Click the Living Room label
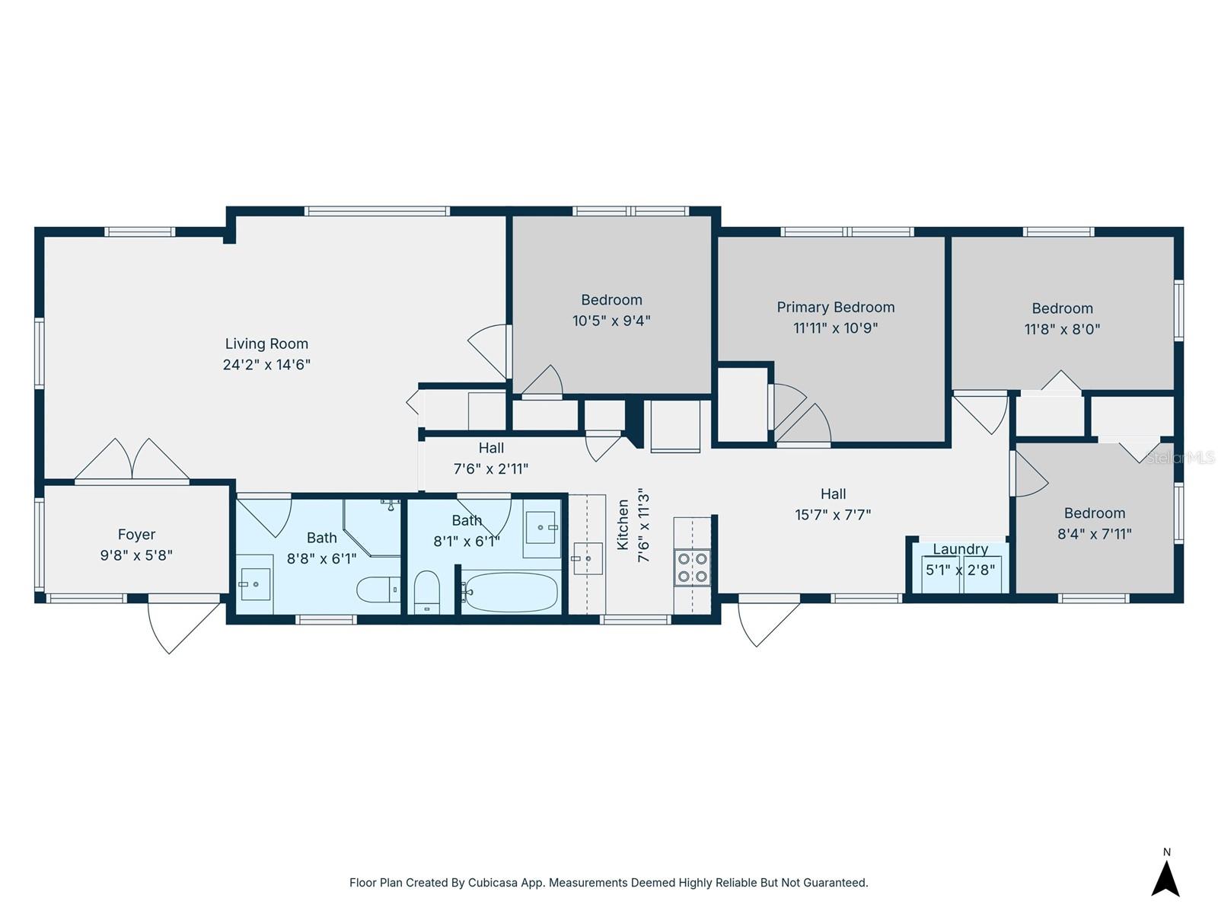click(x=266, y=344)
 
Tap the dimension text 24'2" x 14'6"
click(x=266, y=364)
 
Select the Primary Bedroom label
click(x=835, y=307)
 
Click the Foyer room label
click(x=136, y=535)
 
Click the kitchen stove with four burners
click(x=692, y=567)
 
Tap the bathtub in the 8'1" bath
click(x=510, y=592)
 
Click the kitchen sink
click(x=587, y=558)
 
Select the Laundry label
click(x=960, y=549)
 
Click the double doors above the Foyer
click(x=132, y=461)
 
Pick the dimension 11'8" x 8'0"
click(x=1062, y=329)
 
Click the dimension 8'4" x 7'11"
click(x=1094, y=534)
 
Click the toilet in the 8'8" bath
click(x=378, y=589)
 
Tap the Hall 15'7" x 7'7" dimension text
click(x=833, y=514)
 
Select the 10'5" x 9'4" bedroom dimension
click(x=611, y=321)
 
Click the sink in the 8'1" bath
click(x=541, y=527)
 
